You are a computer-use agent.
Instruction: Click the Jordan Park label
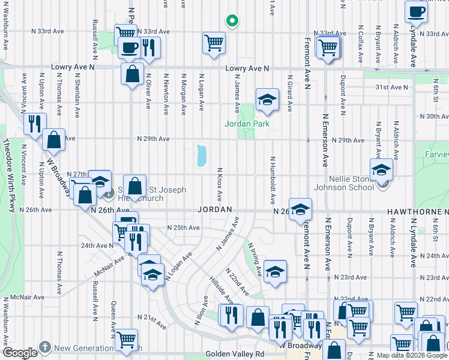(247, 124)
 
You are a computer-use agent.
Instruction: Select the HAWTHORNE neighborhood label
(417, 212)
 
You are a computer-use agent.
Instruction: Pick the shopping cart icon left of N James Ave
(214, 43)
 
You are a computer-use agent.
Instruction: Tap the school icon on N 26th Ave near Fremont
(301, 209)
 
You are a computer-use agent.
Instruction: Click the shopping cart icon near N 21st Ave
(127, 339)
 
